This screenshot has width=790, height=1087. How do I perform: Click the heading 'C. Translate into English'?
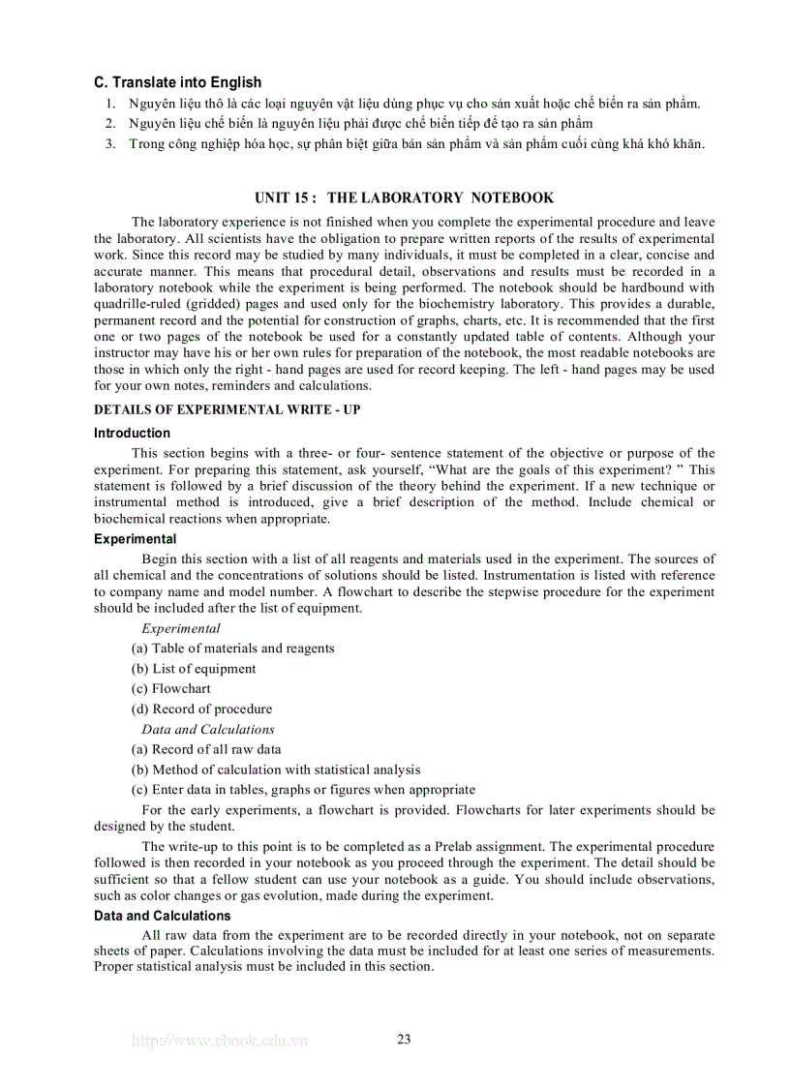point(177,83)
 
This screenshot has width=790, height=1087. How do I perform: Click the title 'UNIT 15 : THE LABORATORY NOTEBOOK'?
point(404,197)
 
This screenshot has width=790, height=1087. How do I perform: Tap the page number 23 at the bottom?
point(404,1040)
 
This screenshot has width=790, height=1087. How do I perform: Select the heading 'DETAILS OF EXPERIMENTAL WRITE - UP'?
point(227,410)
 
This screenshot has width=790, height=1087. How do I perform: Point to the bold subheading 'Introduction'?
point(132,434)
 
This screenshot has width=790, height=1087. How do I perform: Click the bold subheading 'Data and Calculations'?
point(162,916)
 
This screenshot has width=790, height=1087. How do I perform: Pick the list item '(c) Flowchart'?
point(170,689)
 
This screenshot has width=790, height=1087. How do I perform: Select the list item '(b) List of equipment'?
point(194,669)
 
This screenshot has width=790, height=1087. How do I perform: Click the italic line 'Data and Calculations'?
point(207,730)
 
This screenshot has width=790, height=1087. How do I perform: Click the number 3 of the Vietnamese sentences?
point(110,144)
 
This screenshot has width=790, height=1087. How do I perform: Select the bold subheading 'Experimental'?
point(135,539)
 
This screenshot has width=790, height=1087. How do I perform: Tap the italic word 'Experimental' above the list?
point(180,628)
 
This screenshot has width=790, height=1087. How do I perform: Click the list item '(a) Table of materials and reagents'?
point(232,649)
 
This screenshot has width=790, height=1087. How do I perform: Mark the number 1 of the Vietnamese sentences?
point(110,104)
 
